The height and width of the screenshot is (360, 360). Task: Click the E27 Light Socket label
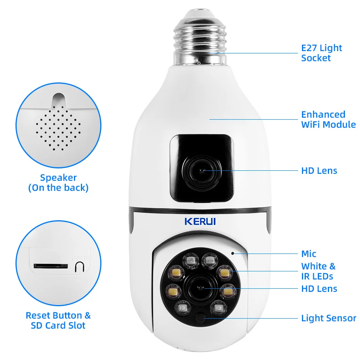321,53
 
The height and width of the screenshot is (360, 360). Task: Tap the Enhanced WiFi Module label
328,120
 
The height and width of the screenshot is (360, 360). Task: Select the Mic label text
309,254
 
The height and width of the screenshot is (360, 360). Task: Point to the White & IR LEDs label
318,271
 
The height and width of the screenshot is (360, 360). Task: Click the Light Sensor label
328,318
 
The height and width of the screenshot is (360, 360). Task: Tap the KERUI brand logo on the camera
200,222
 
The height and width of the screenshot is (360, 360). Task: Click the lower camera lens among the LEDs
200,288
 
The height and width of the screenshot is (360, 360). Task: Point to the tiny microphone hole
233,253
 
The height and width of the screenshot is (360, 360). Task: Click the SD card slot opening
49,266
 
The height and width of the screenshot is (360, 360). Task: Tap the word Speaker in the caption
58,178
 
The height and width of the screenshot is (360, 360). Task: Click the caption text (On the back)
58,188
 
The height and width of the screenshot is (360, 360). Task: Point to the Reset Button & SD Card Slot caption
58,320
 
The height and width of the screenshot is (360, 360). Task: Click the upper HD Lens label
319,171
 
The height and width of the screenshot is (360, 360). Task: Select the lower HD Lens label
319,289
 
